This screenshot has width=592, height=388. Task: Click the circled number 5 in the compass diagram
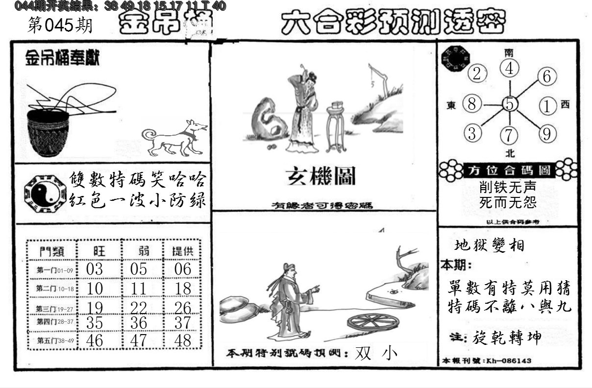pyautogui.click(x=510, y=104)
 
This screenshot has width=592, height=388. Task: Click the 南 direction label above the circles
pyautogui.click(x=510, y=52)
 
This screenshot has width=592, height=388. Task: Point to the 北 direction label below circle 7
pyautogui.click(x=510, y=153)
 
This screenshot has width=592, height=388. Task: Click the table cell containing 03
pyautogui.click(x=95, y=269)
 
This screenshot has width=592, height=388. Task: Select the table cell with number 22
pyautogui.click(x=139, y=308)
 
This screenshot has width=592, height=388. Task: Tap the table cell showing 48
pyautogui.click(x=182, y=340)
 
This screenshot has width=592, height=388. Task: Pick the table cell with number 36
pyautogui.click(x=139, y=323)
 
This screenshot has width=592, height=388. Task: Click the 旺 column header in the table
pyautogui.click(x=99, y=252)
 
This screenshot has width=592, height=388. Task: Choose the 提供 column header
pyautogui.click(x=182, y=252)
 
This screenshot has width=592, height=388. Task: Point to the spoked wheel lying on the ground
pyautogui.click(x=372, y=323)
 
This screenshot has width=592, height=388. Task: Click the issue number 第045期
pyautogui.click(x=60, y=25)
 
